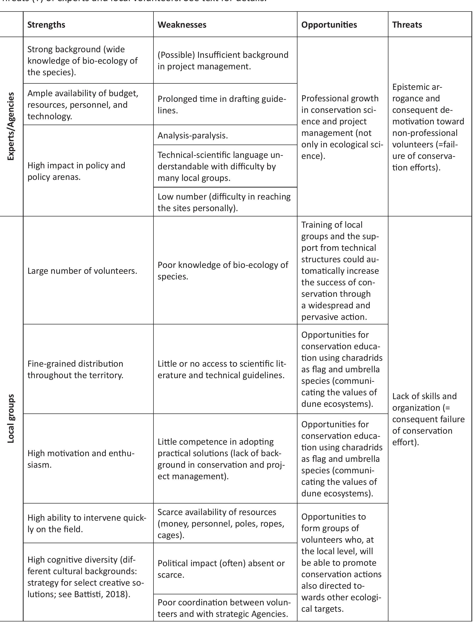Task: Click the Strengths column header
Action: point(46,25)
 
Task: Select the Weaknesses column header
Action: point(182,25)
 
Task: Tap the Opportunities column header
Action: point(329,25)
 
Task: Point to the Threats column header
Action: point(407,25)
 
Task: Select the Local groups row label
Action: point(11,418)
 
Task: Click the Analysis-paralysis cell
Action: point(193,136)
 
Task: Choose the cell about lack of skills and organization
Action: point(428,419)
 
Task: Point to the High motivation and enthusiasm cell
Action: point(81,459)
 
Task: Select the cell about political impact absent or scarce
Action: point(221,569)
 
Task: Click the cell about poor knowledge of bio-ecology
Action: point(223,270)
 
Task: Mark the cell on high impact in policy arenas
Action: point(76,171)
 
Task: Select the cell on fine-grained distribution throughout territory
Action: point(75,369)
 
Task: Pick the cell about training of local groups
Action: point(340,271)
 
